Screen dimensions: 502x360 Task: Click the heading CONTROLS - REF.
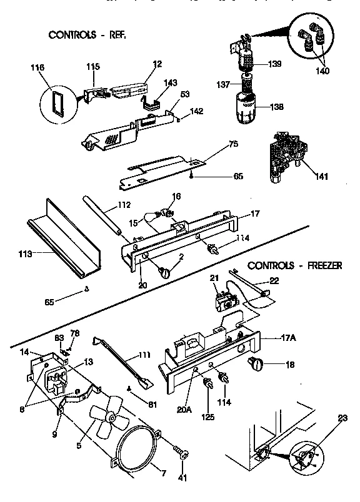87,35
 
